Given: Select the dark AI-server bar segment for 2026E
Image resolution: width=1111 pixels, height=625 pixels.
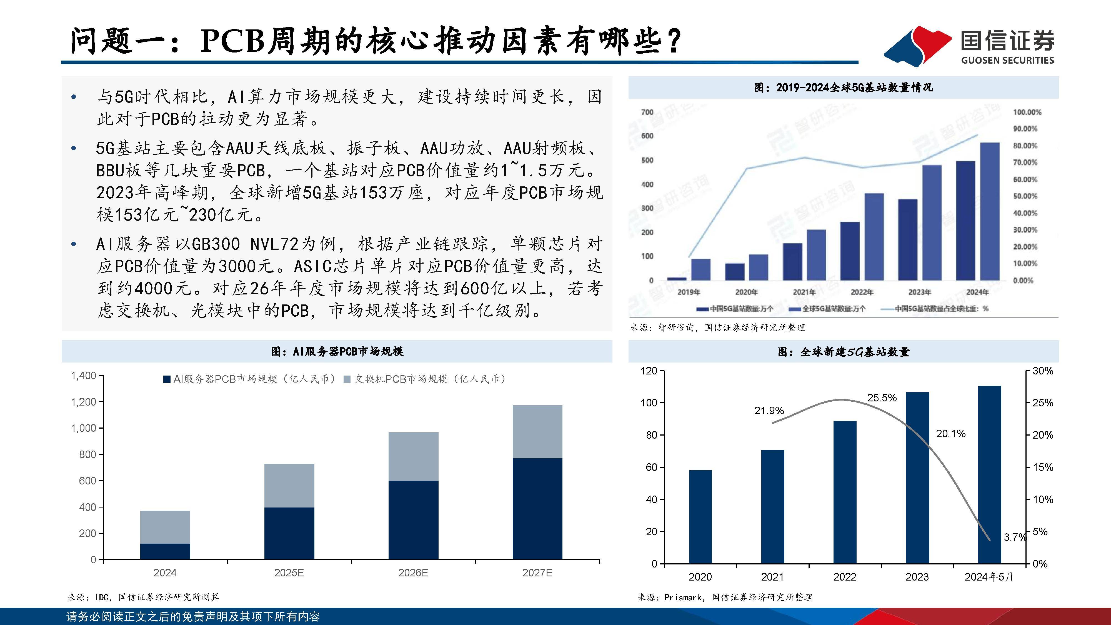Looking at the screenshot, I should tap(413, 520).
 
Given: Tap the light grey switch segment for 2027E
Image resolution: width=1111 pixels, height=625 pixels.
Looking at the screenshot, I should tap(537, 431).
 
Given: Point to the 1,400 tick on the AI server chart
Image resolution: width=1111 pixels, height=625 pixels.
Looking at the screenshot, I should tap(83, 376).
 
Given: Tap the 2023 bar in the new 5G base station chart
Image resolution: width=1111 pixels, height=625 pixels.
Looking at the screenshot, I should tap(917, 477).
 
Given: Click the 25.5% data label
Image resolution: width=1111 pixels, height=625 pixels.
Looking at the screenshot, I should tap(882, 398).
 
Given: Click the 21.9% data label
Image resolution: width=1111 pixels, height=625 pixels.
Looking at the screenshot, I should tap(769, 411).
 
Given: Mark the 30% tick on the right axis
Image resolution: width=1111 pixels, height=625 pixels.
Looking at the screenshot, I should tap(1042, 371).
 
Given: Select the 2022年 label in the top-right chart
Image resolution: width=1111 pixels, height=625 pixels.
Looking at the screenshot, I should tap(862, 292).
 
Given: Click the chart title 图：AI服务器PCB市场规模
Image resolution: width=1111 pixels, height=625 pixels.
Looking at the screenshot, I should tap(337, 352).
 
